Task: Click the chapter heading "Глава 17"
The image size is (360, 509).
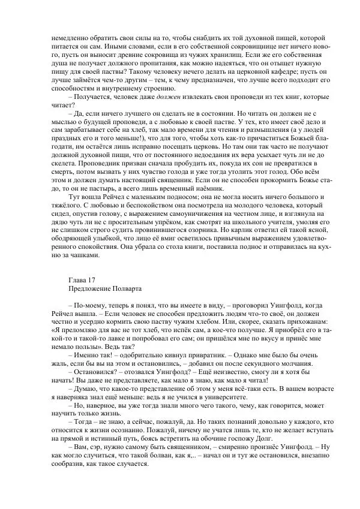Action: [82, 280]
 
